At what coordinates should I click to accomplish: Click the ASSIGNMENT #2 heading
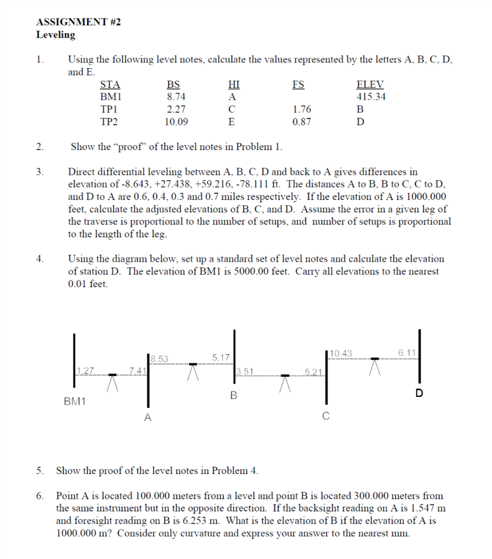(x=79, y=22)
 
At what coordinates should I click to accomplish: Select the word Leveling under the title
(x=56, y=35)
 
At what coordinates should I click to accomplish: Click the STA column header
(x=110, y=85)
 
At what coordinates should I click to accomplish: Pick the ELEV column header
(x=370, y=85)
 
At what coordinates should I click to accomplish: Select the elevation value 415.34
(x=370, y=97)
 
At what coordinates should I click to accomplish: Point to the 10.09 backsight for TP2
(x=176, y=122)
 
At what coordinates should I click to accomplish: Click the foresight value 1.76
(x=302, y=109)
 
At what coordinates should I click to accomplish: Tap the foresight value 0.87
(x=302, y=122)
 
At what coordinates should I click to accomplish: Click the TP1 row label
(x=110, y=109)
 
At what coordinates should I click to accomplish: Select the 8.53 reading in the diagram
(x=160, y=359)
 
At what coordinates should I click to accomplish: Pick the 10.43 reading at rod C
(x=341, y=354)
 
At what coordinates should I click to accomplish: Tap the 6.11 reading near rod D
(x=407, y=354)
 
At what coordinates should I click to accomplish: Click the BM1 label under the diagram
(x=75, y=401)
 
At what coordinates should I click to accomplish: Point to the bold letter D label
(x=419, y=393)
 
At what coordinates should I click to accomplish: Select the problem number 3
(x=39, y=173)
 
